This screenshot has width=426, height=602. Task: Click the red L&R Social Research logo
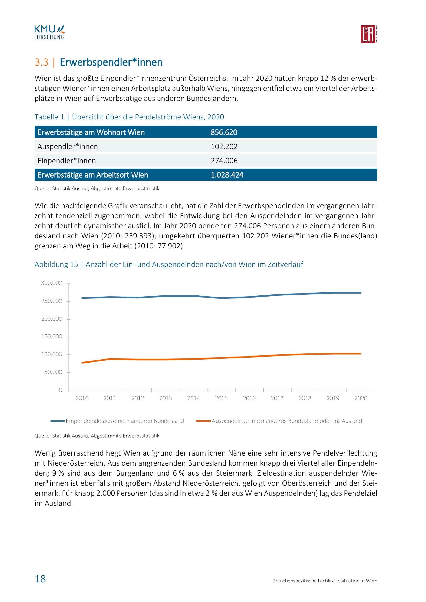pos(369,34)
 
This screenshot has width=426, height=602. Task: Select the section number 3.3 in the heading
pos(42,62)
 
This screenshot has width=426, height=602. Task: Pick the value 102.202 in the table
pos(224,146)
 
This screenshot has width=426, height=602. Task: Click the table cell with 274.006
pos(224,161)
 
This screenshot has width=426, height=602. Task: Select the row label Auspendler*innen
pos(68,146)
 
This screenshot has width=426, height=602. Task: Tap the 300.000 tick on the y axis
pos(52,283)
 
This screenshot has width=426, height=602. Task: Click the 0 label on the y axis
pos(60,390)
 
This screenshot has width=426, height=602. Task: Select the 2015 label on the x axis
pos(221,398)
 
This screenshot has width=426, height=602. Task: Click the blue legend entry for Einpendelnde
pos(117,421)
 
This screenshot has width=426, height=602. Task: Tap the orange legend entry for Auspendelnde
pos(279,421)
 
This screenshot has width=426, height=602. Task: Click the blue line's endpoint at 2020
pos(361,293)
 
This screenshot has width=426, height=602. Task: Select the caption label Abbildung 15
pos(56,264)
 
